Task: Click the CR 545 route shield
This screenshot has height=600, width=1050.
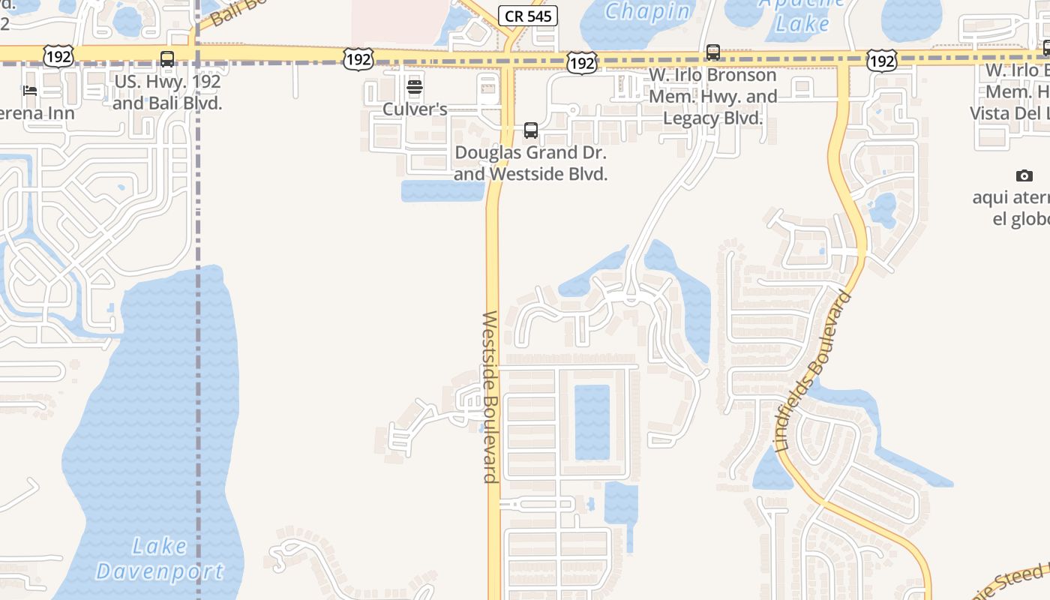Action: pos(528,16)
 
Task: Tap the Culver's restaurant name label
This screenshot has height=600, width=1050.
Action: pos(415,109)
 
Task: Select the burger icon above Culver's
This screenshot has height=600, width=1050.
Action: pos(415,87)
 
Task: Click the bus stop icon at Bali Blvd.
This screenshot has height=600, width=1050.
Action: pos(167,59)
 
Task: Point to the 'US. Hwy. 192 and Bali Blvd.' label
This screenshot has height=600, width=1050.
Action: pos(167,92)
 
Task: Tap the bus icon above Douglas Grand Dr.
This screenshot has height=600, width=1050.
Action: pos(531,130)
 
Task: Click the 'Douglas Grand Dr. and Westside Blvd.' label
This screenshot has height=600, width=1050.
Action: pos(531,163)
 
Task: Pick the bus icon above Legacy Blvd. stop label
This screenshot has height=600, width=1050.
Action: pos(712,52)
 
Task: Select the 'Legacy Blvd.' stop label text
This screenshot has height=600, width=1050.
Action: pos(712,118)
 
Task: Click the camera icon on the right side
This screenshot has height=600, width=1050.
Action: pos(1024,175)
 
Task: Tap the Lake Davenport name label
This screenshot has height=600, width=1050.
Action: pos(159,559)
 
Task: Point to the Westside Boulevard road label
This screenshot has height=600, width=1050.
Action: pos(490,397)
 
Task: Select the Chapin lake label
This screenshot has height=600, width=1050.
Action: pos(647,12)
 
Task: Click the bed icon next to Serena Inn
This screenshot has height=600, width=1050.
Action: pos(30,91)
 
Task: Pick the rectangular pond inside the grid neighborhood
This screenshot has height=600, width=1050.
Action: pos(592,421)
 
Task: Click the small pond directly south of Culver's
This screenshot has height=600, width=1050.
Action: pos(442,190)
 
